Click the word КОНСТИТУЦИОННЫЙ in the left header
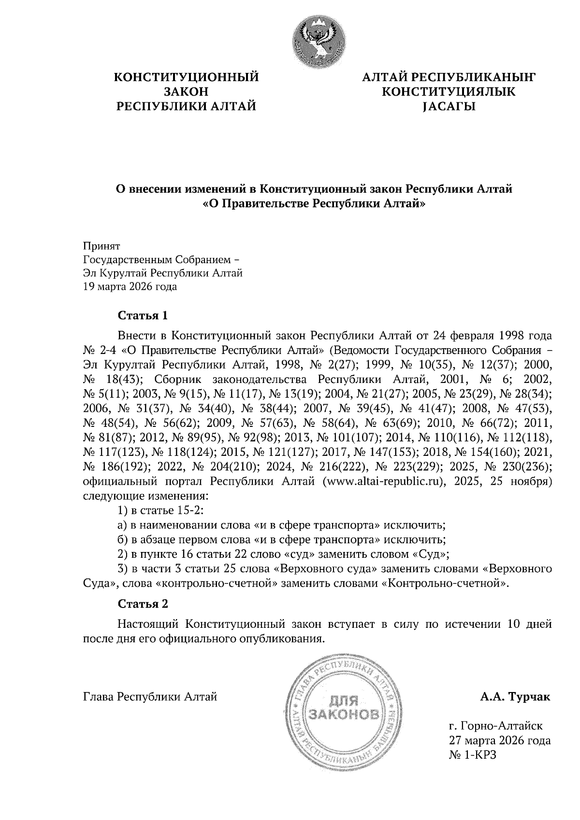pyautogui.click(x=186, y=77)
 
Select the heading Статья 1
pyautogui.click(x=143, y=316)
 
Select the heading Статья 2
pyautogui.click(x=143, y=604)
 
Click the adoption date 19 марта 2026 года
pyautogui.click(x=130, y=287)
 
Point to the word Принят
pyautogui.click(x=101, y=246)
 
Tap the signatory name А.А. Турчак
pyautogui.click(x=515, y=697)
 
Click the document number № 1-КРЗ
pyautogui.click(x=473, y=754)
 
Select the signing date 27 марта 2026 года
pyautogui.click(x=500, y=740)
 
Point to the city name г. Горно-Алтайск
pyautogui.click(x=495, y=726)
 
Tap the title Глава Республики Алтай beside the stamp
pyautogui.click(x=150, y=697)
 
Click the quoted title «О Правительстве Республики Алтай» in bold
pyautogui.click(x=314, y=204)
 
